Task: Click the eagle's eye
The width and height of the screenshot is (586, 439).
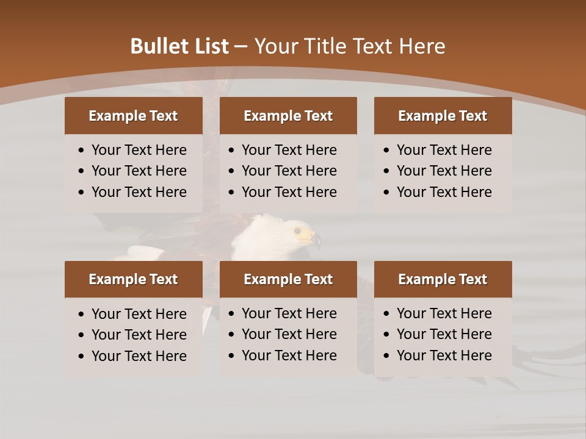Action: (297, 231)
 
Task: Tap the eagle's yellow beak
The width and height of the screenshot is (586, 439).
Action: (309, 236)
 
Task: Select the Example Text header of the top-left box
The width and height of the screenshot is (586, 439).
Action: (133, 116)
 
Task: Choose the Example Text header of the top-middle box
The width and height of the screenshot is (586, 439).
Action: (288, 116)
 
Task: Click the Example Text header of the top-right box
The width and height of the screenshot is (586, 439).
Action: (443, 116)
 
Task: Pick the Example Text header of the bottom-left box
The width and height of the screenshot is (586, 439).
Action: (133, 279)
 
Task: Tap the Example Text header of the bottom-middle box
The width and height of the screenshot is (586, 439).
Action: (288, 279)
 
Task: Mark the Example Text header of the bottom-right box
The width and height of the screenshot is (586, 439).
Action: (443, 279)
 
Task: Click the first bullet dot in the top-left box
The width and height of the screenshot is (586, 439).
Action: (82, 151)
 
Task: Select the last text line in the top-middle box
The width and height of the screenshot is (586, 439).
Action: (289, 192)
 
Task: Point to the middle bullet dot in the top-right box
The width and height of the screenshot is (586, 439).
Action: (387, 171)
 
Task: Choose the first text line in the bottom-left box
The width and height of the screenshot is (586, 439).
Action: (139, 314)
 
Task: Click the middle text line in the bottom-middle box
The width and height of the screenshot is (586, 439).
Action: (289, 334)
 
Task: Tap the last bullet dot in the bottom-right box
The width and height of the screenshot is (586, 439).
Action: (387, 356)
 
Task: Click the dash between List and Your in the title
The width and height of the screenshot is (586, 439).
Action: (241, 47)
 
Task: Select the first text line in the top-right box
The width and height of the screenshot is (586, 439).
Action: (444, 150)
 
